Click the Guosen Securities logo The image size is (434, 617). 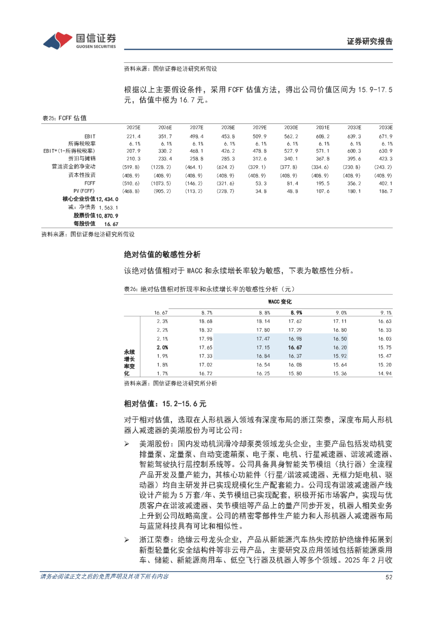click(80, 41)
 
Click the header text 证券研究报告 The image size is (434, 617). click(369, 41)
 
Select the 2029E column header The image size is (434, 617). click(260, 128)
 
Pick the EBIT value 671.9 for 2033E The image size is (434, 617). click(385, 136)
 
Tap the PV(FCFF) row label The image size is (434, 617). click(84, 191)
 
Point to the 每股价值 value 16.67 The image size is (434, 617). click(111, 224)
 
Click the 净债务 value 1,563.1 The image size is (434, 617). click(108, 208)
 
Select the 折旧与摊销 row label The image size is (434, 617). click(82, 158)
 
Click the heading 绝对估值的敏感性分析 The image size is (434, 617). click(162, 255)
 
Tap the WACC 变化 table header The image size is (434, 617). click(280, 302)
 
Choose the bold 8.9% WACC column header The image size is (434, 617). click(296, 313)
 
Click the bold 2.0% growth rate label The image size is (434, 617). click(162, 348)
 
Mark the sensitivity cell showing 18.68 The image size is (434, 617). click(205, 321)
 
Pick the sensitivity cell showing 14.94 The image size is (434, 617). click(385, 374)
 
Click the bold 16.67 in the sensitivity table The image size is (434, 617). click(295, 348)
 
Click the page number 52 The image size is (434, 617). click(389, 577)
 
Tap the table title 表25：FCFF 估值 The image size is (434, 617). click(64, 118)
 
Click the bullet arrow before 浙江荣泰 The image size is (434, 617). click(127, 540)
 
